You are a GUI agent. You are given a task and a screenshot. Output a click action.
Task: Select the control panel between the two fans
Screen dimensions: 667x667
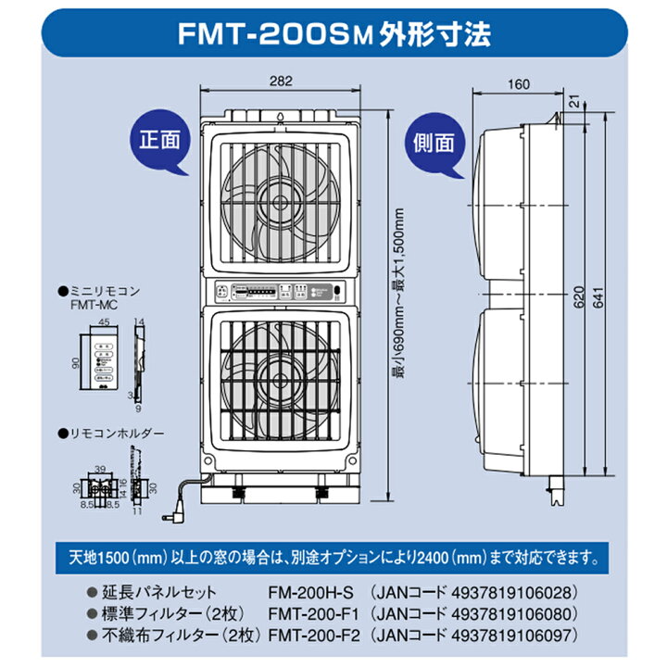click(x=279, y=292)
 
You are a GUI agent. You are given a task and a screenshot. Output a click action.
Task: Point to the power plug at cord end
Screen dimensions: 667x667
click(x=173, y=511)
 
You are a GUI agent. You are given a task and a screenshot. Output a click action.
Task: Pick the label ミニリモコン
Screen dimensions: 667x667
click(x=107, y=290)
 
